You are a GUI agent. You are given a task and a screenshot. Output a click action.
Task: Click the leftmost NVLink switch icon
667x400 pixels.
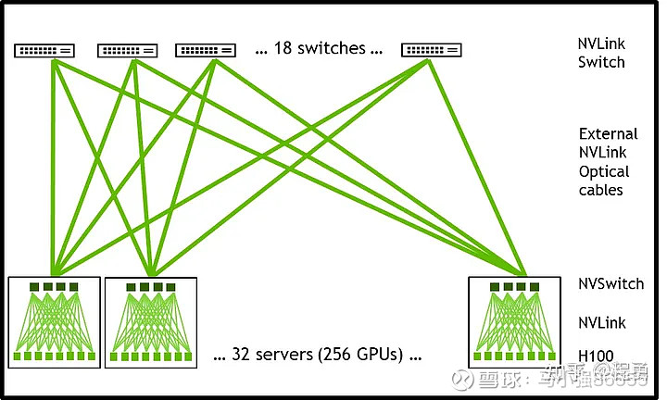44,49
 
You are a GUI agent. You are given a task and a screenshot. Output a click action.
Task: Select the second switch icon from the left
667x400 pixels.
127,49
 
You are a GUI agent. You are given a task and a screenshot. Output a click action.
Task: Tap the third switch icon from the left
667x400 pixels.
205,49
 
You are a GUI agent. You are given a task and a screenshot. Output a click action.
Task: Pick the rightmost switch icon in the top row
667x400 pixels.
432,49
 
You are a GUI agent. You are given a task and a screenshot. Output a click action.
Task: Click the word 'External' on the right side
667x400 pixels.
608,134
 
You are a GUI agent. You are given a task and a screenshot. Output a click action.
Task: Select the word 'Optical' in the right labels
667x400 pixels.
604,171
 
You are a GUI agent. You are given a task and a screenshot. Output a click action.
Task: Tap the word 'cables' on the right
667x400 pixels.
601,190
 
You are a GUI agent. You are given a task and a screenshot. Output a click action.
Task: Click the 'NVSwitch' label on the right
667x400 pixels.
610,283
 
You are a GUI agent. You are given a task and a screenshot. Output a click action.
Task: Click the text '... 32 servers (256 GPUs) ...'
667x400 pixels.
317,355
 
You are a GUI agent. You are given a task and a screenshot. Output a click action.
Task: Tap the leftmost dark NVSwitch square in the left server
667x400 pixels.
32,287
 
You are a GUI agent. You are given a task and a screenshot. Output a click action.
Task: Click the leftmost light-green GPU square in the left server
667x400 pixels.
18,356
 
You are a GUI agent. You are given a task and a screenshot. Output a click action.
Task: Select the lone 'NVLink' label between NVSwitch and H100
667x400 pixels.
601,323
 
